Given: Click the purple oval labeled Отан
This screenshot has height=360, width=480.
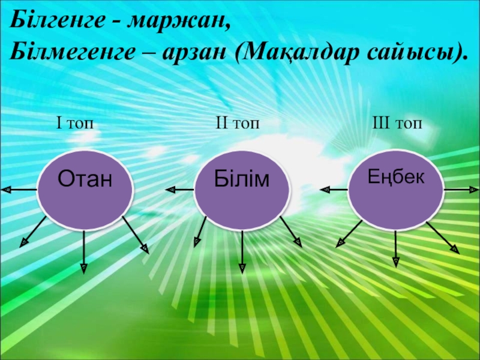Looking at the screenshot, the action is click(x=85, y=189).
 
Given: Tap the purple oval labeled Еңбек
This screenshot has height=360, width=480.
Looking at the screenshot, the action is click(x=396, y=187).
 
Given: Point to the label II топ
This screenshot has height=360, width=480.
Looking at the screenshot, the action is click(x=238, y=123).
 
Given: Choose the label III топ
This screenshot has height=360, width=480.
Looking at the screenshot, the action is click(x=398, y=123).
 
